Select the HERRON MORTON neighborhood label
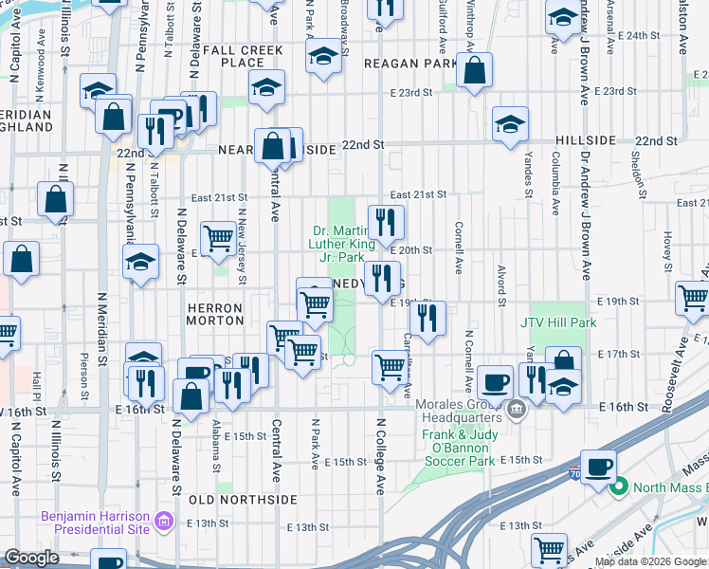[x=215, y=315]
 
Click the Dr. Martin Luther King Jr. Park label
[x=336, y=244]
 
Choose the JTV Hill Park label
[x=558, y=322]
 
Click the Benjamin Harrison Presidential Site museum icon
[x=163, y=521]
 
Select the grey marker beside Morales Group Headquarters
[x=516, y=411]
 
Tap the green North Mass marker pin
[x=619, y=488]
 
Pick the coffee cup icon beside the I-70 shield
[x=599, y=466]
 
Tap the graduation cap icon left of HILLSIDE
[x=510, y=123]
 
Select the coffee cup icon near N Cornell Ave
[x=495, y=381]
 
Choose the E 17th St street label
[x=619, y=354]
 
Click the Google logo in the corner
[x=32, y=558]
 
